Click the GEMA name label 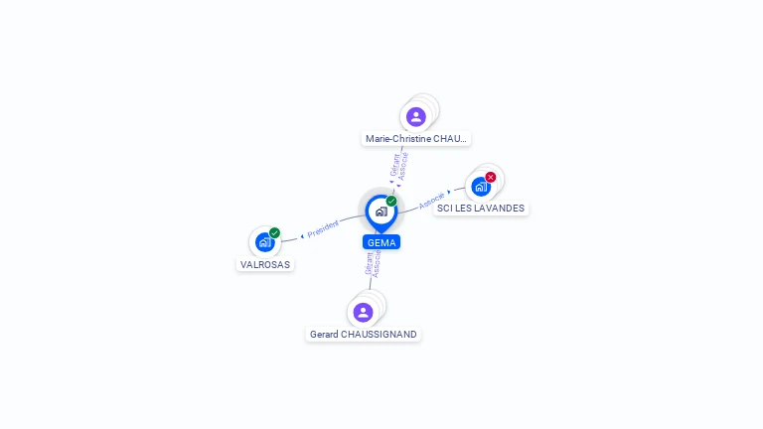(x=381, y=242)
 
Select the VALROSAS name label (x=265, y=264)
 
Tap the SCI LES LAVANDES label (x=481, y=209)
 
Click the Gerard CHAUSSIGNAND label (x=363, y=334)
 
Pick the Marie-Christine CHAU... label (x=416, y=139)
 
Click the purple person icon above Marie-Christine (x=416, y=117)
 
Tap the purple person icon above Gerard (x=363, y=312)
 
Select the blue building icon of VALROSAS (x=264, y=241)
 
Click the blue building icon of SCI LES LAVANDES (x=481, y=187)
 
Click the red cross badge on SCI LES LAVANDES (x=491, y=177)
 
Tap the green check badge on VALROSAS (x=274, y=233)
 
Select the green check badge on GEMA (x=391, y=201)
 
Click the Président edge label (x=323, y=228)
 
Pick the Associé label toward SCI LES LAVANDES (x=431, y=201)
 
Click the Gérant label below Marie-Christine (x=394, y=166)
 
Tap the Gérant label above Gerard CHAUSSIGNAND (x=369, y=263)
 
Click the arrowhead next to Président (x=302, y=236)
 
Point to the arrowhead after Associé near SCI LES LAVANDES (x=449, y=192)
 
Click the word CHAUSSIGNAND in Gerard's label (x=379, y=334)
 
